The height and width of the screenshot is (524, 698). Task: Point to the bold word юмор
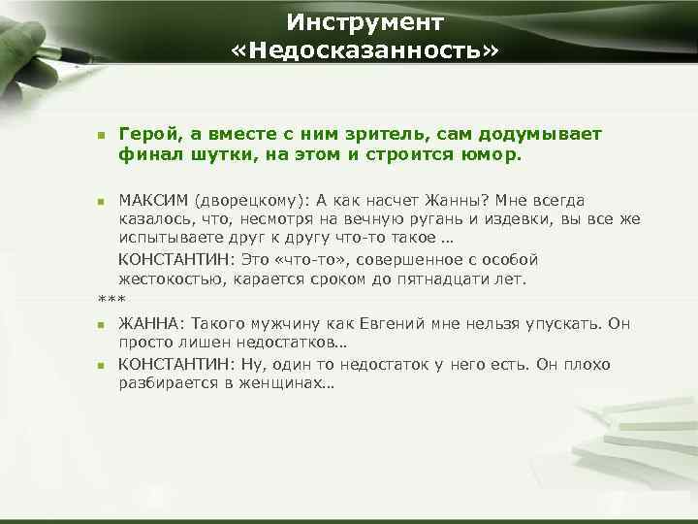[x=492, y=153]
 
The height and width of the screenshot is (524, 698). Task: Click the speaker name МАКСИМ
[x=153, y=201]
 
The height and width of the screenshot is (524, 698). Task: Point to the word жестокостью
[x=168, y=278]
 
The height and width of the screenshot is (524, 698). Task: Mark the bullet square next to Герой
[x=101, y=135]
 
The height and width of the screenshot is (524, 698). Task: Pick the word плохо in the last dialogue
[x=584, y=364]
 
